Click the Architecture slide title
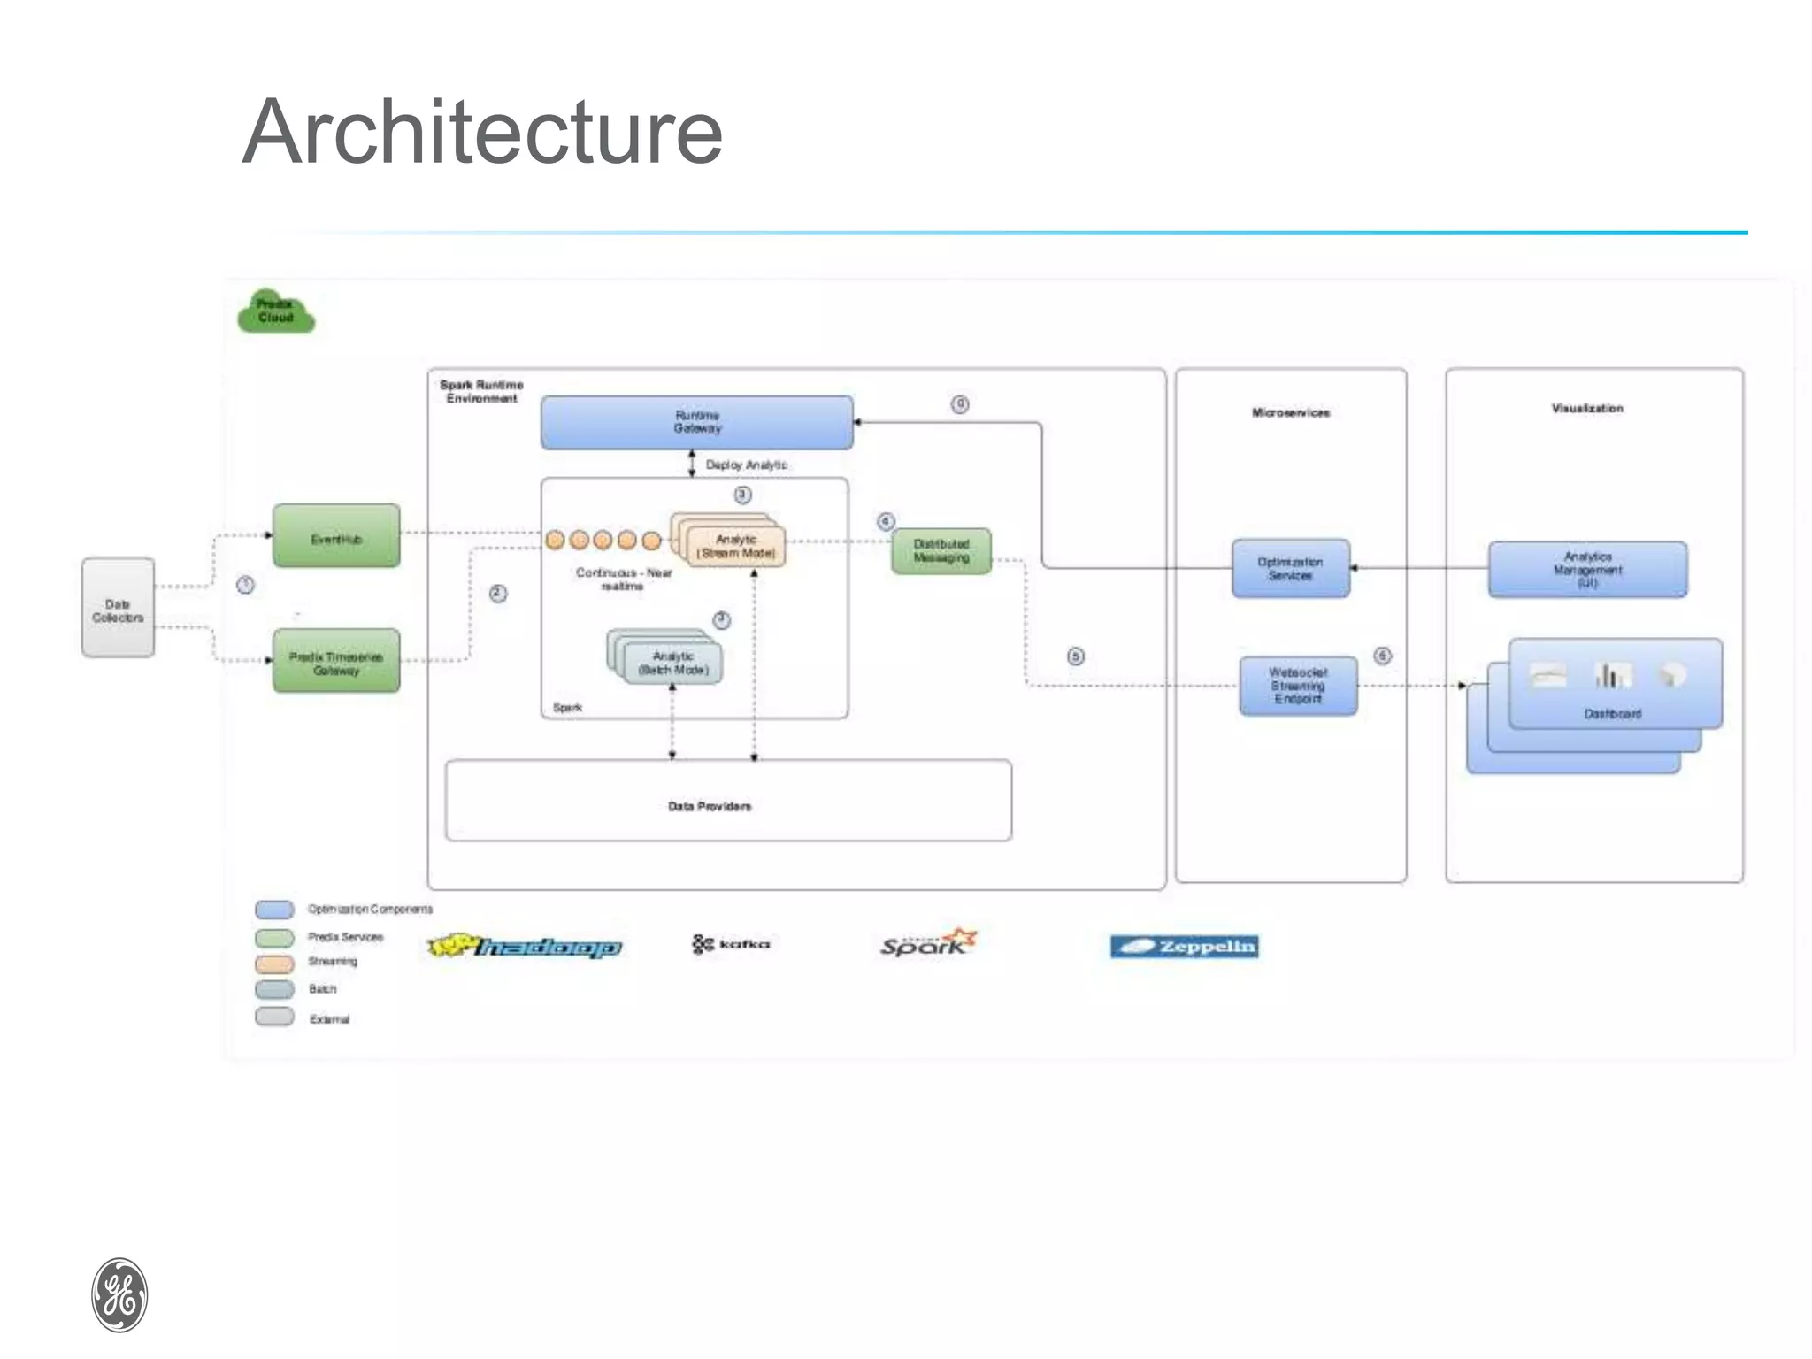pos(482,132)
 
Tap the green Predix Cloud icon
pos(276,312)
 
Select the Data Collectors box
pos(118,609)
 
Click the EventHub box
pos(336,536)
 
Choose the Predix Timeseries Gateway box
pos(336,662)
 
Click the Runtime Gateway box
pos(697,422)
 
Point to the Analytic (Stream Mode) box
pos(736,546)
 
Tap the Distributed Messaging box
pos(941,551)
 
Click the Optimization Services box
pos(1291,569)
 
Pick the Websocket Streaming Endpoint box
pos(1298,686)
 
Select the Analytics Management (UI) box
pos(1587,570)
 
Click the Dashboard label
pos(1612,714)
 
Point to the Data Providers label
pos(710,806)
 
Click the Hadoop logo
pos(525,947)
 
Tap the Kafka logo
pos(732,944)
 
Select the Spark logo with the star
pos(928,943)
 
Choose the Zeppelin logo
pos(1184,947)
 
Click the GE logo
pos(119,1294)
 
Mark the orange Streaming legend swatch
pos(274,963)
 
